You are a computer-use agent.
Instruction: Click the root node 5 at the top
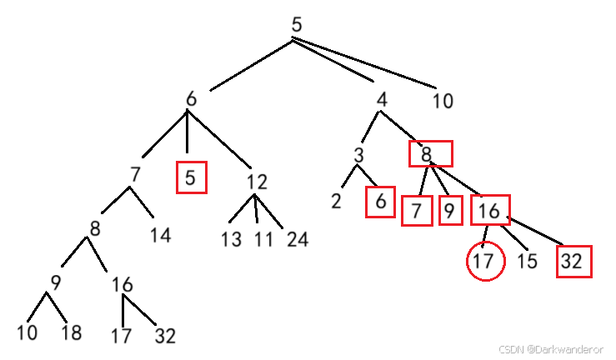(297, 24)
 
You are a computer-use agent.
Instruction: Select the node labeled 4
(382, 100)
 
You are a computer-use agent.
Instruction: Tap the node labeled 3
(358, 156)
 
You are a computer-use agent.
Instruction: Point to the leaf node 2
(336, 202)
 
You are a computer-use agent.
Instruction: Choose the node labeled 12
(257, 181)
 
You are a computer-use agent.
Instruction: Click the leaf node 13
(232, 240)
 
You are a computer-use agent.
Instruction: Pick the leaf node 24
(297, 240)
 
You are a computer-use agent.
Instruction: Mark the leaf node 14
(161, 235)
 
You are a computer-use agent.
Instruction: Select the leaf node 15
(526, 261)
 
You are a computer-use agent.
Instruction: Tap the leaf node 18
(72, 334)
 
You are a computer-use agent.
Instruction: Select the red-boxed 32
(575, 261)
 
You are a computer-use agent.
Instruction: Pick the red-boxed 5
(191, 177)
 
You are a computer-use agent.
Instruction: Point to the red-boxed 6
(380, 202)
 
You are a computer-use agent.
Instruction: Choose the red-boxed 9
(448, 210)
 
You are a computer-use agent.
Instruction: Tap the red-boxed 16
(490, 210)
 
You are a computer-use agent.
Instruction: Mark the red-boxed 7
(416, 210)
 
